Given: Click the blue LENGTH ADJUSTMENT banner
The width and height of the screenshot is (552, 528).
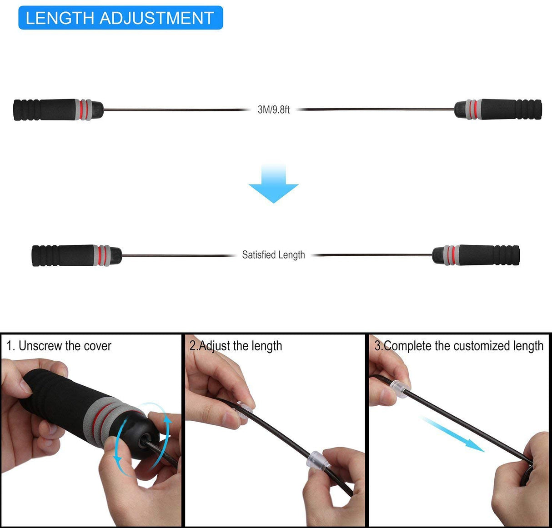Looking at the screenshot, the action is point(120,18).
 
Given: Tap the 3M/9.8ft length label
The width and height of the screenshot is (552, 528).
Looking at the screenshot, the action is point(273,110).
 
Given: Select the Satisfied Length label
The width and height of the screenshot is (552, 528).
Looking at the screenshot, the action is point(273,255).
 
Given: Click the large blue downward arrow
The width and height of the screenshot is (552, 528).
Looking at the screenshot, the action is point(273,184).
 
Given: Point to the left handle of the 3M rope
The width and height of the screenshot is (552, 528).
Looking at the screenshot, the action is point(58,110).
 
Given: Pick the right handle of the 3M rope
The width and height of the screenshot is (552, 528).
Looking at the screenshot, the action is point(498,110).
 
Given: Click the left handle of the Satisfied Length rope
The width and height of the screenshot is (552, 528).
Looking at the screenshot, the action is point(76,256).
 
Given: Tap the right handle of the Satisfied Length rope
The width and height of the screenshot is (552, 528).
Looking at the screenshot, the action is point(476,255).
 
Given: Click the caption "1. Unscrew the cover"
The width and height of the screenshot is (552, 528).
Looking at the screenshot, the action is point(59,346).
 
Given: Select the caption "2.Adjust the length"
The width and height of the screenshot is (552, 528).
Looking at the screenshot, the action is point(236,346).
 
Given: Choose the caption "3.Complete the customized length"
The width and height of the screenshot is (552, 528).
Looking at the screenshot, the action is point(459,346).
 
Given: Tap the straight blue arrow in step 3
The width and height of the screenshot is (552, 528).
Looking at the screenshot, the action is point(452,434).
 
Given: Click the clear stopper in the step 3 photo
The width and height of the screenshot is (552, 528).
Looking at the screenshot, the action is point(400,389).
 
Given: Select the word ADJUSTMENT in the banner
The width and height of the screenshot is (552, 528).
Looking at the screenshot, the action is point(156,18).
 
